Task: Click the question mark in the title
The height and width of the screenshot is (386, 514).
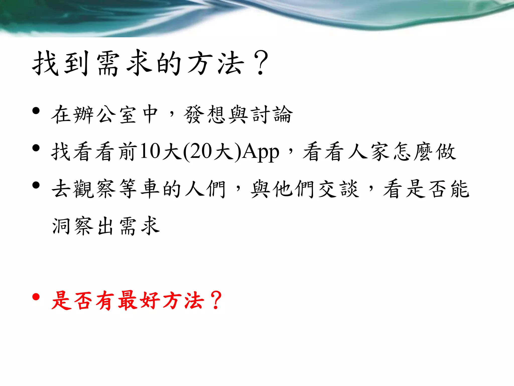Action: coord(261,63)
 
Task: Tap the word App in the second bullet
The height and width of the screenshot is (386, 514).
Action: coord(261,152)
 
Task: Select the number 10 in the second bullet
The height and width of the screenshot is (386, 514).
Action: coord(150,151)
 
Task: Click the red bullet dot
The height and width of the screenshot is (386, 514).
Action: coord(36,297)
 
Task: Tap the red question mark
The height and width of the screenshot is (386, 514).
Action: coord(216,300)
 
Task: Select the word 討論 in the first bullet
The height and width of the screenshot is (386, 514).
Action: coord(273,115)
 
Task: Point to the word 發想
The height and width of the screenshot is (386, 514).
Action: coord(204,115)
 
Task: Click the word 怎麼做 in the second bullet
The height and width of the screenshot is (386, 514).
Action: coord(424,152)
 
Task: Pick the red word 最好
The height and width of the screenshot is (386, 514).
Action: coord(139,301)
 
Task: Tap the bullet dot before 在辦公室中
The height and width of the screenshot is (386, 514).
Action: coord(36,111)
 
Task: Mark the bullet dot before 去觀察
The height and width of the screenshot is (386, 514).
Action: coord(36,185)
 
